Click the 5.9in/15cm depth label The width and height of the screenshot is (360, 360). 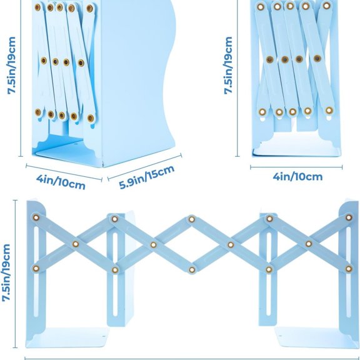click(x=147, y=177)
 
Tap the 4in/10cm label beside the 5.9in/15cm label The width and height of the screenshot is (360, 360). click(x=61, y=182)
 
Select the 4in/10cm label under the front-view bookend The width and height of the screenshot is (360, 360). click(x=297, y=177)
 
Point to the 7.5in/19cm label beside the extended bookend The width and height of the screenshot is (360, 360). click(x=6, y=272)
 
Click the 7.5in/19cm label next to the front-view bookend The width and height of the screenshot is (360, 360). click(x=229, y=66)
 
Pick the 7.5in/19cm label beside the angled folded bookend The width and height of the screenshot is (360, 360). click(x=11, y=66)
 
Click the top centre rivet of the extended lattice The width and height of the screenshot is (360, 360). click(x=192, y=219)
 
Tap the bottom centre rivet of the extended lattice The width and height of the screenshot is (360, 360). click(x=192, y=269)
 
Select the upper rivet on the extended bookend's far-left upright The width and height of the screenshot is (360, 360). click(x=36, y=217)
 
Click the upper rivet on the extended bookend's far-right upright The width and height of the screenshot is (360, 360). click(x=349, y=217)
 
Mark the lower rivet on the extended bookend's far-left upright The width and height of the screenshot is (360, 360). click(x=36, y=268)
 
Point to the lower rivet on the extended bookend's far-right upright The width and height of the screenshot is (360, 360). click(x=349, y=269)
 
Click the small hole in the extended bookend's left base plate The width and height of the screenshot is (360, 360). click(x=104, y=337)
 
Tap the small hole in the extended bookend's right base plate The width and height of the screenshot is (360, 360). click(x=280, y=336)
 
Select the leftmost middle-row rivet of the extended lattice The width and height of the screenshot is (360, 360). click(x=76, y=244)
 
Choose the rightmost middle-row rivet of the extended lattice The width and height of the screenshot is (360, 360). click(x=309, y=244)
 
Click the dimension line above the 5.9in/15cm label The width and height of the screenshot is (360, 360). click(x=144, y=167)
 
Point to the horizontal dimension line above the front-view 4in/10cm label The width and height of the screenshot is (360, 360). click(x=296, y=167)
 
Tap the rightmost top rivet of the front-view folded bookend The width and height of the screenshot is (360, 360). click(x=326, y=6)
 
